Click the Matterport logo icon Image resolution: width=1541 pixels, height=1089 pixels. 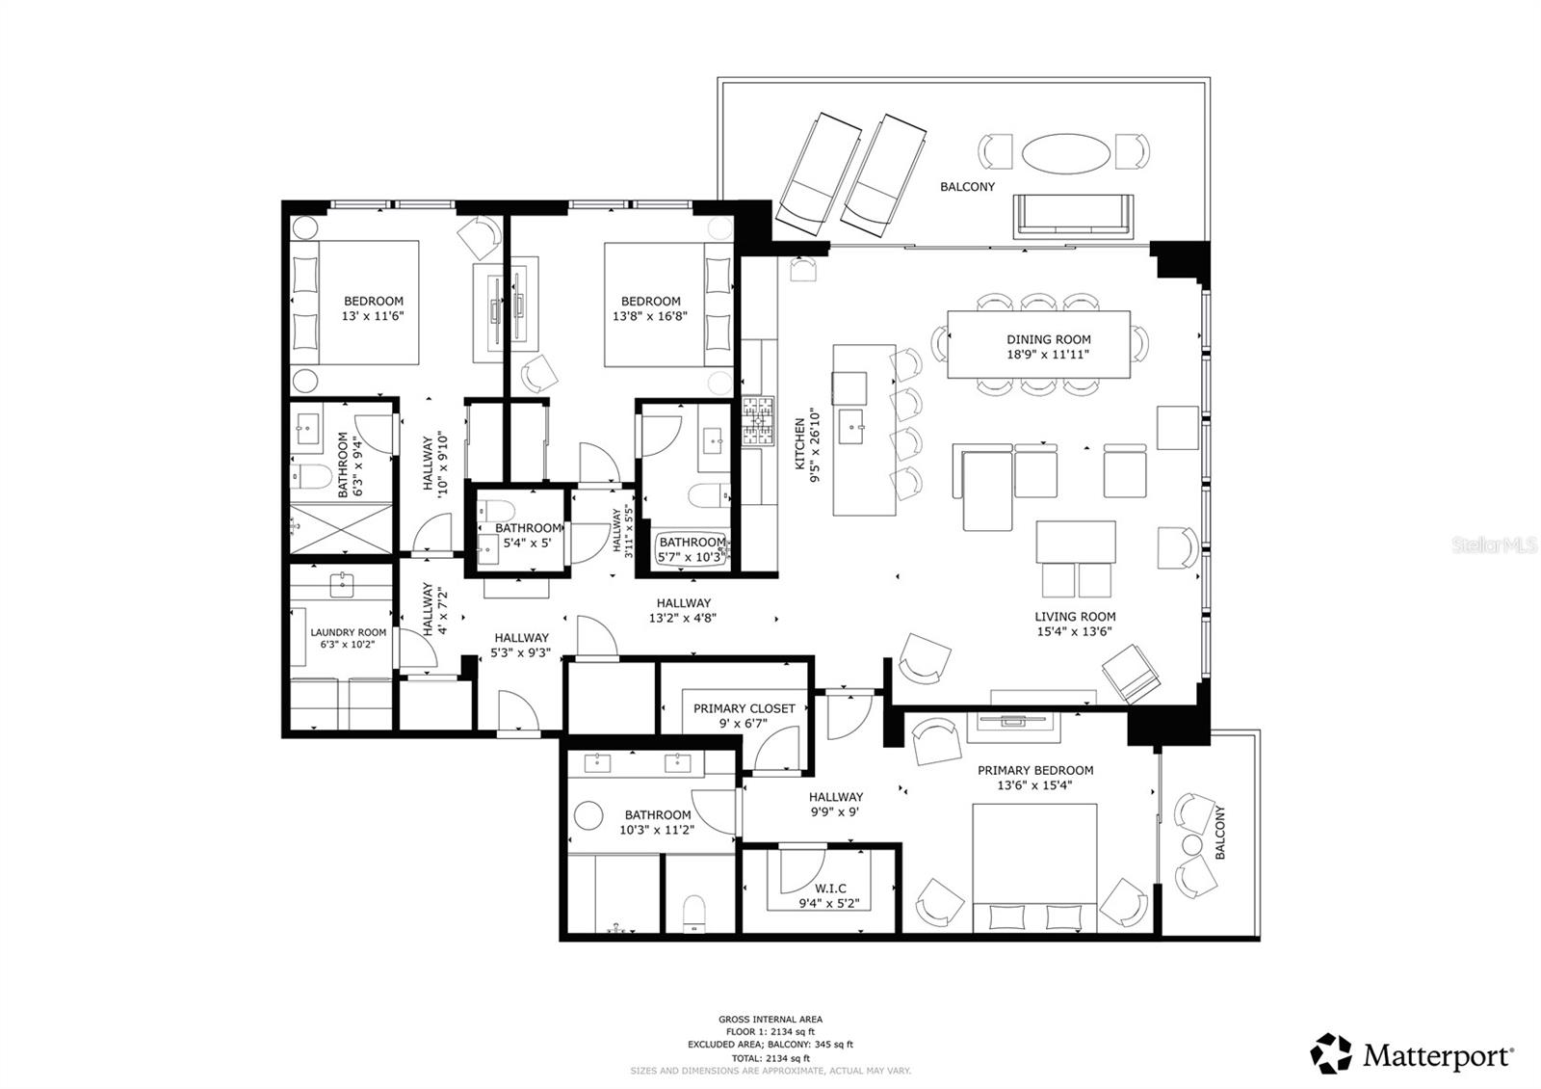point(1332,1053)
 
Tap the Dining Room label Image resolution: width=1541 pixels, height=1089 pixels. point(1048,339)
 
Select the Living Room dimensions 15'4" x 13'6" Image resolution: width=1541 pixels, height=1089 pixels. point(1074,632)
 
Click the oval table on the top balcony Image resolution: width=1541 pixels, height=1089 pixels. point(1063,152)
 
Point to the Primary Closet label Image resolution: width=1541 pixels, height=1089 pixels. point(744,708)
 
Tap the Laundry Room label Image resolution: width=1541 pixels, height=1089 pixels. point(348,633)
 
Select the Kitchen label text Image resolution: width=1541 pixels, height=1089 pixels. point(799,444)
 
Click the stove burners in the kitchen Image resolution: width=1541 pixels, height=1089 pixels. point(757,420)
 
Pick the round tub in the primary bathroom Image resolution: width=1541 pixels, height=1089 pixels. point(588,815)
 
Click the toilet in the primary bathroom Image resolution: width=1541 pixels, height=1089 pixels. point(693,912)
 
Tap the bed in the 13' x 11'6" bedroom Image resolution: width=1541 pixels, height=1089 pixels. point(356,302)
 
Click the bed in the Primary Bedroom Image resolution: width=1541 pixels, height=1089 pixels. point(1034,867)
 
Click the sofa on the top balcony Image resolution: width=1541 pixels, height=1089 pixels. point(1072,216)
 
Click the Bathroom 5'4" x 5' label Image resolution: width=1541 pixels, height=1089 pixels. point(528,535)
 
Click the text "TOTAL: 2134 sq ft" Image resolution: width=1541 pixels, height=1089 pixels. point(770,1057)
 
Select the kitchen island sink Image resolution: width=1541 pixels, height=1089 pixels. point(851,425)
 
